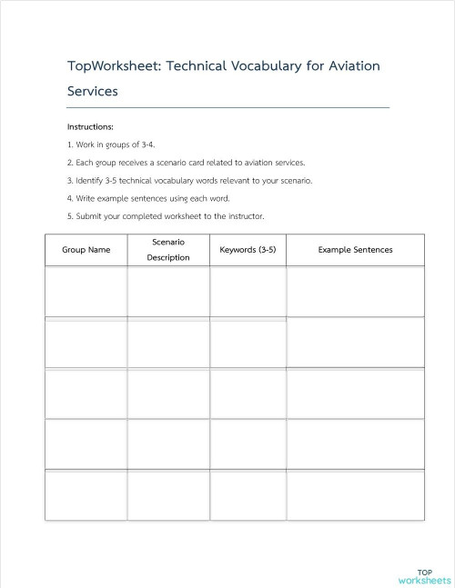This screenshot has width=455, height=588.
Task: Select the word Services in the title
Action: click(x=92, y=92)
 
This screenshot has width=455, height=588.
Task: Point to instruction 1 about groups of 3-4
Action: click(x=112, y=145)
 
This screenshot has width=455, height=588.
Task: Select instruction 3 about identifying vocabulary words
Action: click(x=189, y=180)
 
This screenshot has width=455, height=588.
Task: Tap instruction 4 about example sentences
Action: click(x=148, y=198)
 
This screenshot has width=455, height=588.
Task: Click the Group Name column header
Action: click(x=86, y=250)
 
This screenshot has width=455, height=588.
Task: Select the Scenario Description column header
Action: click(x=168, y=250)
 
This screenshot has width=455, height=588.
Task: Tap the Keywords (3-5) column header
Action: click(x=248, y=250)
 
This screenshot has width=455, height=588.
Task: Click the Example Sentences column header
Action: click(x=355, y=250)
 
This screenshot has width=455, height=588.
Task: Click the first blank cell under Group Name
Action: click(x=86, y=292)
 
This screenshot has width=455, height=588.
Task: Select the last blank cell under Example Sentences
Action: click(x=355, y=495)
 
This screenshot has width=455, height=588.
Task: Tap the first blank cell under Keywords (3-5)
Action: click(x=248, y=292)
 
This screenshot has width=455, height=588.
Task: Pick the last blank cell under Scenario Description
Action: click(x=168, y=495)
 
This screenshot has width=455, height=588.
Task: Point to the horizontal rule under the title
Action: click(x=227, y=108)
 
